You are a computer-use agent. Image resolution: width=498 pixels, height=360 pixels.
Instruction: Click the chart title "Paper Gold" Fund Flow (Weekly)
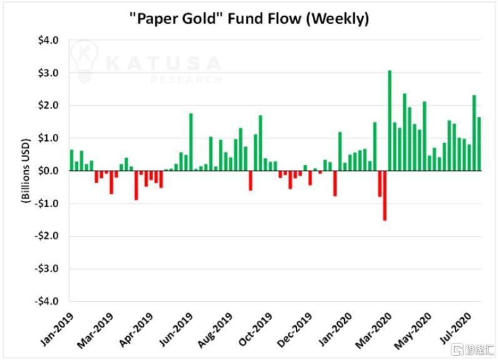tap(249, 19)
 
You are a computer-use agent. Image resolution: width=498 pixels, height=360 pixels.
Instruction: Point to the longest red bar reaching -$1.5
tap(384, 195)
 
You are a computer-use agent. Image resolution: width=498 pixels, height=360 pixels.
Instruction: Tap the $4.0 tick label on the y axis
tap(49, 41)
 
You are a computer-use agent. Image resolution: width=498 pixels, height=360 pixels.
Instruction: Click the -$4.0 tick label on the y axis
tap(48, 301)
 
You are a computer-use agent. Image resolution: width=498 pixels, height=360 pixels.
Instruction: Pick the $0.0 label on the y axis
tap(49, 171)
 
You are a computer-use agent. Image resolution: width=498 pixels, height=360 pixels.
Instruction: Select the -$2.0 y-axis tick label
tap(48, 236)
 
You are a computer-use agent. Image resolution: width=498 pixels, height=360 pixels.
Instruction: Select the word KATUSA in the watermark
tap(164, 63)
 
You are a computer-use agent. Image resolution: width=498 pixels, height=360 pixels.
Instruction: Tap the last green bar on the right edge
tap(479, 144)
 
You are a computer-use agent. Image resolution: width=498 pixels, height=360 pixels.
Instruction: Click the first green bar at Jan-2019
tap(71, 160)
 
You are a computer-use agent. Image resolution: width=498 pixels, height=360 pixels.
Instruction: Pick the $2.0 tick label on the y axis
tap(49, 106)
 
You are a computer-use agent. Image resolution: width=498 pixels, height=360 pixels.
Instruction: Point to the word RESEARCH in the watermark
tap(186, 80)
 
